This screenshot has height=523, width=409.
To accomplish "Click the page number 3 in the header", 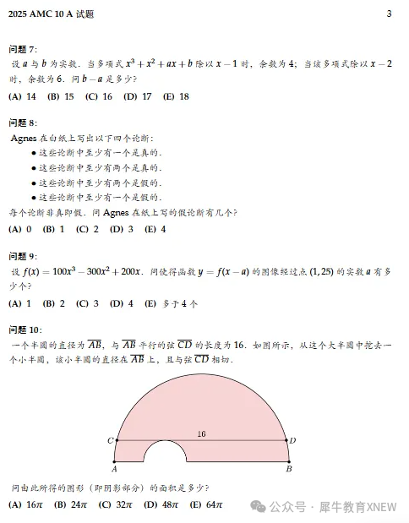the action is click(389, 14).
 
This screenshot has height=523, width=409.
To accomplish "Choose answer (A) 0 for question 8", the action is click(20, 229).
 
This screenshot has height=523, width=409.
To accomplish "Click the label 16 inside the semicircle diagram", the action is click(201, 433).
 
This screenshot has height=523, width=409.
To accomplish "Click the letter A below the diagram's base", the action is click(114, 469).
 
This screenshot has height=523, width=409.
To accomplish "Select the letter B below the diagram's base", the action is click(289, 469).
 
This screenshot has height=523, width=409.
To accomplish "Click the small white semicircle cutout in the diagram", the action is click(165, 454).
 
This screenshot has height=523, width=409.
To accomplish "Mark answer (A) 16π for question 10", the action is click(25, 505).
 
